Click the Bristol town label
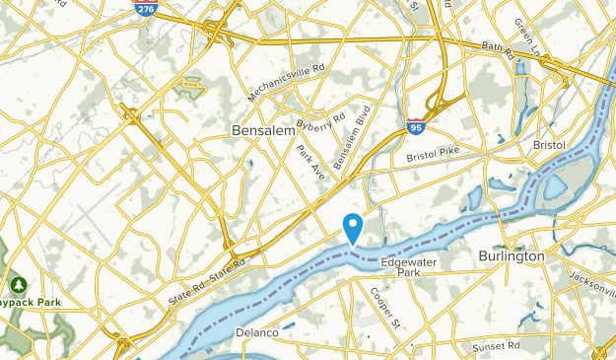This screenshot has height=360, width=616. coord(548,145)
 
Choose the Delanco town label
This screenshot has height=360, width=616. coord(256,333)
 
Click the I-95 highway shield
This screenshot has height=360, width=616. coord(416,126)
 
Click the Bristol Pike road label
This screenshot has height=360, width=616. coord(433,155)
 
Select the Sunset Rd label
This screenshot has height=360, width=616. coord(495,346)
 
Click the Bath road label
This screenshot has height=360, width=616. coord(498,48)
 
